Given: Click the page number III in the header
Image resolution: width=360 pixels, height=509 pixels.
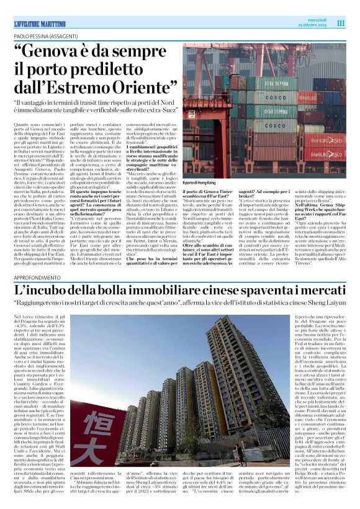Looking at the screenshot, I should tap(341, 23).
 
